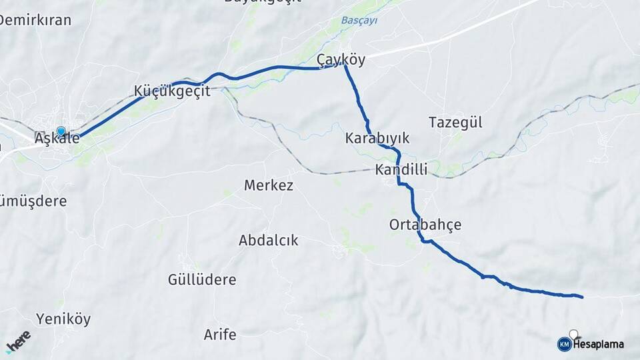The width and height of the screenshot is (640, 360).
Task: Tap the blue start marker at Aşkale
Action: click(61, 132)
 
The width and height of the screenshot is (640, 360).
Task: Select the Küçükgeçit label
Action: click(172, 91)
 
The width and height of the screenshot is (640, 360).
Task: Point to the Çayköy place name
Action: click(341, 60)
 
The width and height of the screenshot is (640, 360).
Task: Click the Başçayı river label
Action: click(359, 21)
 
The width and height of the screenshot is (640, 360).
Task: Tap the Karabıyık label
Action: click(377, 139)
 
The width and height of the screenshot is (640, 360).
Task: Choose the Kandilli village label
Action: click(401, 170)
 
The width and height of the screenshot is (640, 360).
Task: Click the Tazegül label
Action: click(455, 123)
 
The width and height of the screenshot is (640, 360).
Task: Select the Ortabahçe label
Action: click(425, 225)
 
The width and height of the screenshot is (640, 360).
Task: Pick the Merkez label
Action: click(269, 185)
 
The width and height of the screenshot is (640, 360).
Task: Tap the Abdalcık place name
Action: click(269, 241)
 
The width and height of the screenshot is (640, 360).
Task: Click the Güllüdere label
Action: click(202, 280)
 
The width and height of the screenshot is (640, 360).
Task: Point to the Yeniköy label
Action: click(63, 319)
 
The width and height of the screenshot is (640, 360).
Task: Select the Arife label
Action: click(220, 335)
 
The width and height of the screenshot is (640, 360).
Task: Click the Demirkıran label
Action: click(35, 20)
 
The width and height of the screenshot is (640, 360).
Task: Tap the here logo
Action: click(18, 341)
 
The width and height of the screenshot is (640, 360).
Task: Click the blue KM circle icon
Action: click(564, 344)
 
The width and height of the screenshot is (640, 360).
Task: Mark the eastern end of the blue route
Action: click(582, 297)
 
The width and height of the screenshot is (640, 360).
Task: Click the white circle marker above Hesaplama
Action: click(574, 333)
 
